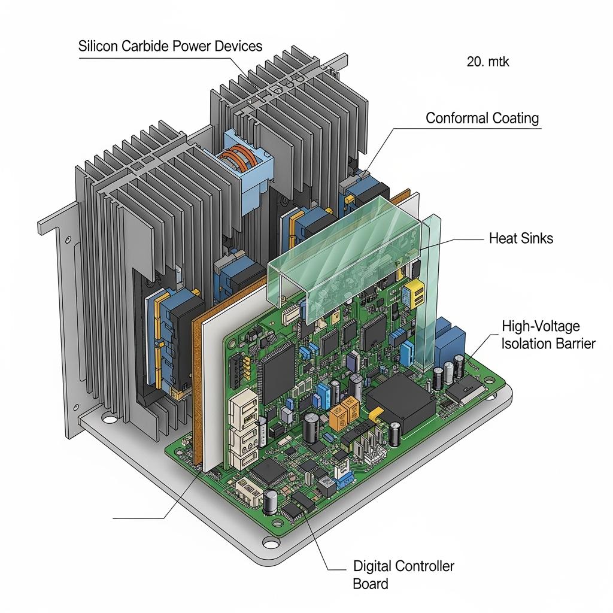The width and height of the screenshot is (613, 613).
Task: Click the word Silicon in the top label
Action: (98, 46)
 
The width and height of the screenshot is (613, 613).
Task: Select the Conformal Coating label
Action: (482, 118)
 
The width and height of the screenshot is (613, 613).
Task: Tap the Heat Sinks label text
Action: (521, 238)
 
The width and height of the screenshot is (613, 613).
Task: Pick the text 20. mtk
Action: (488, 61)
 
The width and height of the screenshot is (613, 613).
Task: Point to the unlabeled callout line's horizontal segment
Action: (138, 517)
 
